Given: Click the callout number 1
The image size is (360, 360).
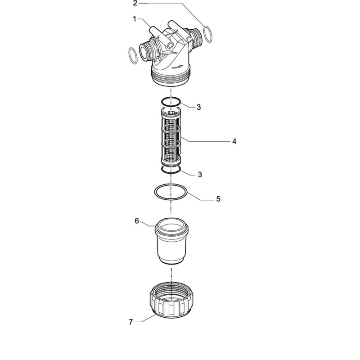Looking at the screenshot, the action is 135,19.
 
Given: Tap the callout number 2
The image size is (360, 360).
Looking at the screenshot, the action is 135,3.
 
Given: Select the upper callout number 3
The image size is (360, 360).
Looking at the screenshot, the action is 199,107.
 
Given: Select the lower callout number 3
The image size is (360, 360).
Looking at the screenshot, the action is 200,175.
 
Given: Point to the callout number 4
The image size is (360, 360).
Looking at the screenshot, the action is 234,141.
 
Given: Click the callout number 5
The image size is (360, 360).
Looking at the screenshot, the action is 218,199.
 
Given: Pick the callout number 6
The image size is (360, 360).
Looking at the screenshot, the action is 137,221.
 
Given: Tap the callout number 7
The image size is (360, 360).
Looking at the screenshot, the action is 130,322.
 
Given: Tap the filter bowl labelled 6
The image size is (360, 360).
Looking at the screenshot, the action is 171,241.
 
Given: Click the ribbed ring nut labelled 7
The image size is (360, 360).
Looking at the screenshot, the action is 171,300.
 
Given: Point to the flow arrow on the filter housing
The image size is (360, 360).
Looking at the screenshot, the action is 177,67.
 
